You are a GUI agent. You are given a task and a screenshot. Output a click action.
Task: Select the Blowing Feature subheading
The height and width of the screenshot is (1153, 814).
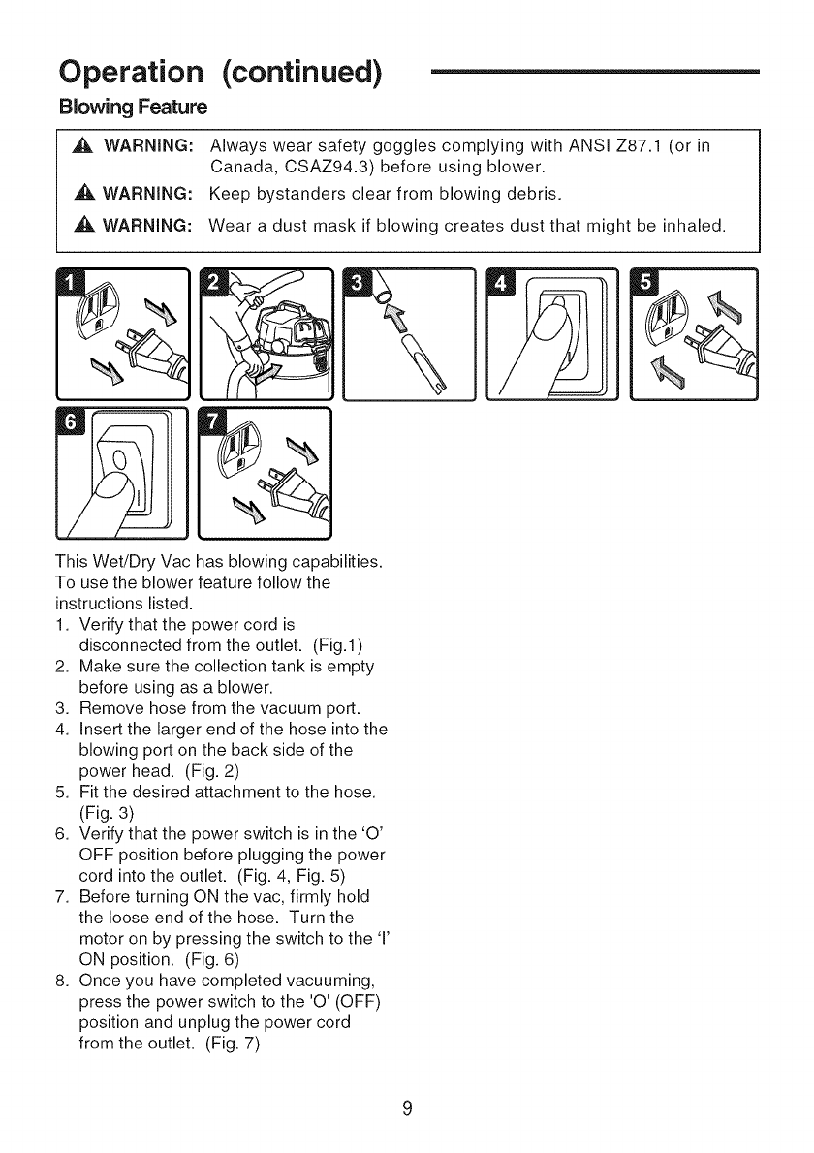pos(133,105)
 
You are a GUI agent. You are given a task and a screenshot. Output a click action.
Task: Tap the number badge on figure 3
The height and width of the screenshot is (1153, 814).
pos(359,283)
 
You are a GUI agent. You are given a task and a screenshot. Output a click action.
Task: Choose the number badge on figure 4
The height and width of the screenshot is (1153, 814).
pos(503,283)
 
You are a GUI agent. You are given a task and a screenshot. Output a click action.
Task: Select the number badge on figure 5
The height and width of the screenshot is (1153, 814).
pos(645,283)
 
